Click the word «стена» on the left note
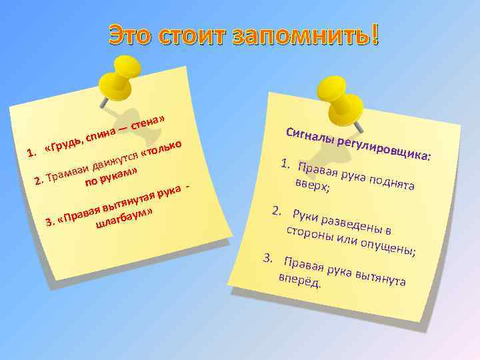tap(147, 121)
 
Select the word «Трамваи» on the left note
tap(67, 173)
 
